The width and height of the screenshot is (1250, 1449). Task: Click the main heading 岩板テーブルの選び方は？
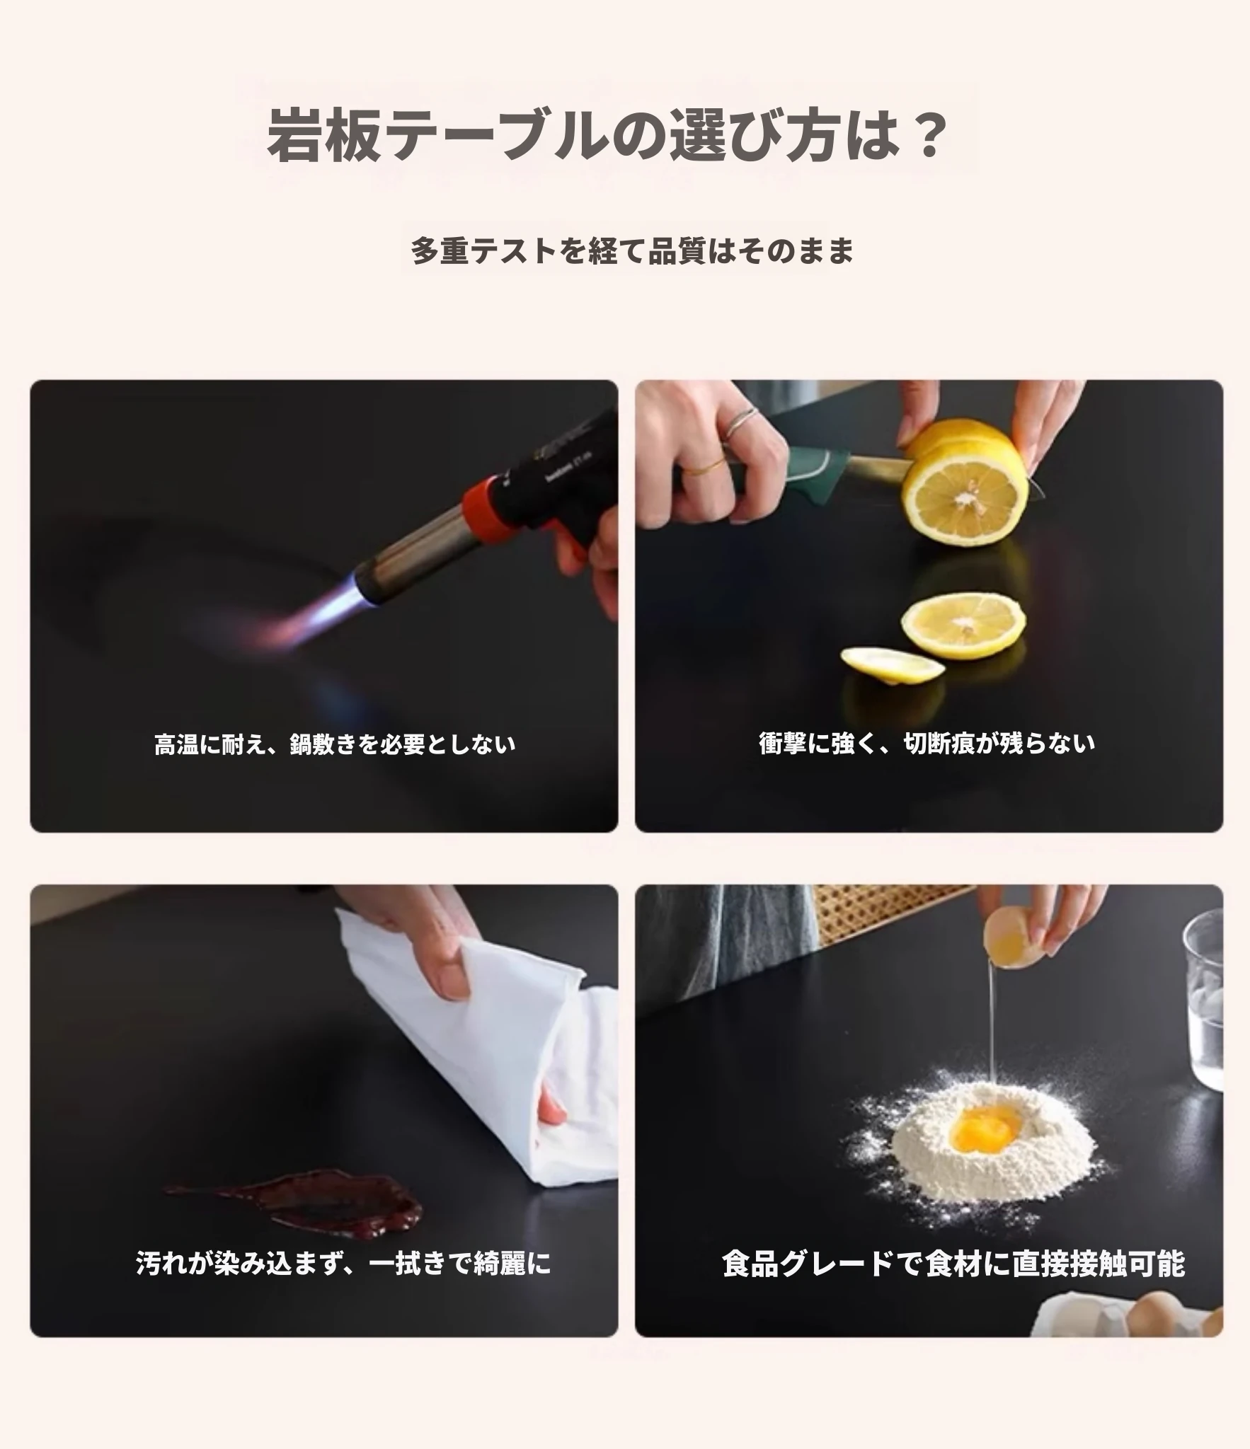[607, 134]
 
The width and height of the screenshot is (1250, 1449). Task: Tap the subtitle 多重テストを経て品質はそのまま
[632, 250]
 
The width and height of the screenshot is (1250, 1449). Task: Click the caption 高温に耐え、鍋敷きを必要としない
[335, 744]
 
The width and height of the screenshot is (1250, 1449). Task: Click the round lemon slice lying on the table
[963, 620]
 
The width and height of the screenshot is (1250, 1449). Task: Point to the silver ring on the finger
[743, 422]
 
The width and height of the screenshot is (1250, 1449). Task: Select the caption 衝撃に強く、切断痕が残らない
[927, 743]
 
